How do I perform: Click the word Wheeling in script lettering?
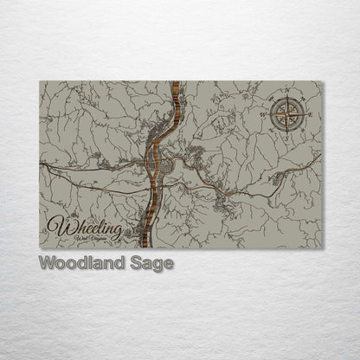pos(84,228)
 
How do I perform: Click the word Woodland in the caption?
pos(74,263)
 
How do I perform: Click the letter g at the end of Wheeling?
pos(116,230)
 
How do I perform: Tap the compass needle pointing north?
pos(286,103)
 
